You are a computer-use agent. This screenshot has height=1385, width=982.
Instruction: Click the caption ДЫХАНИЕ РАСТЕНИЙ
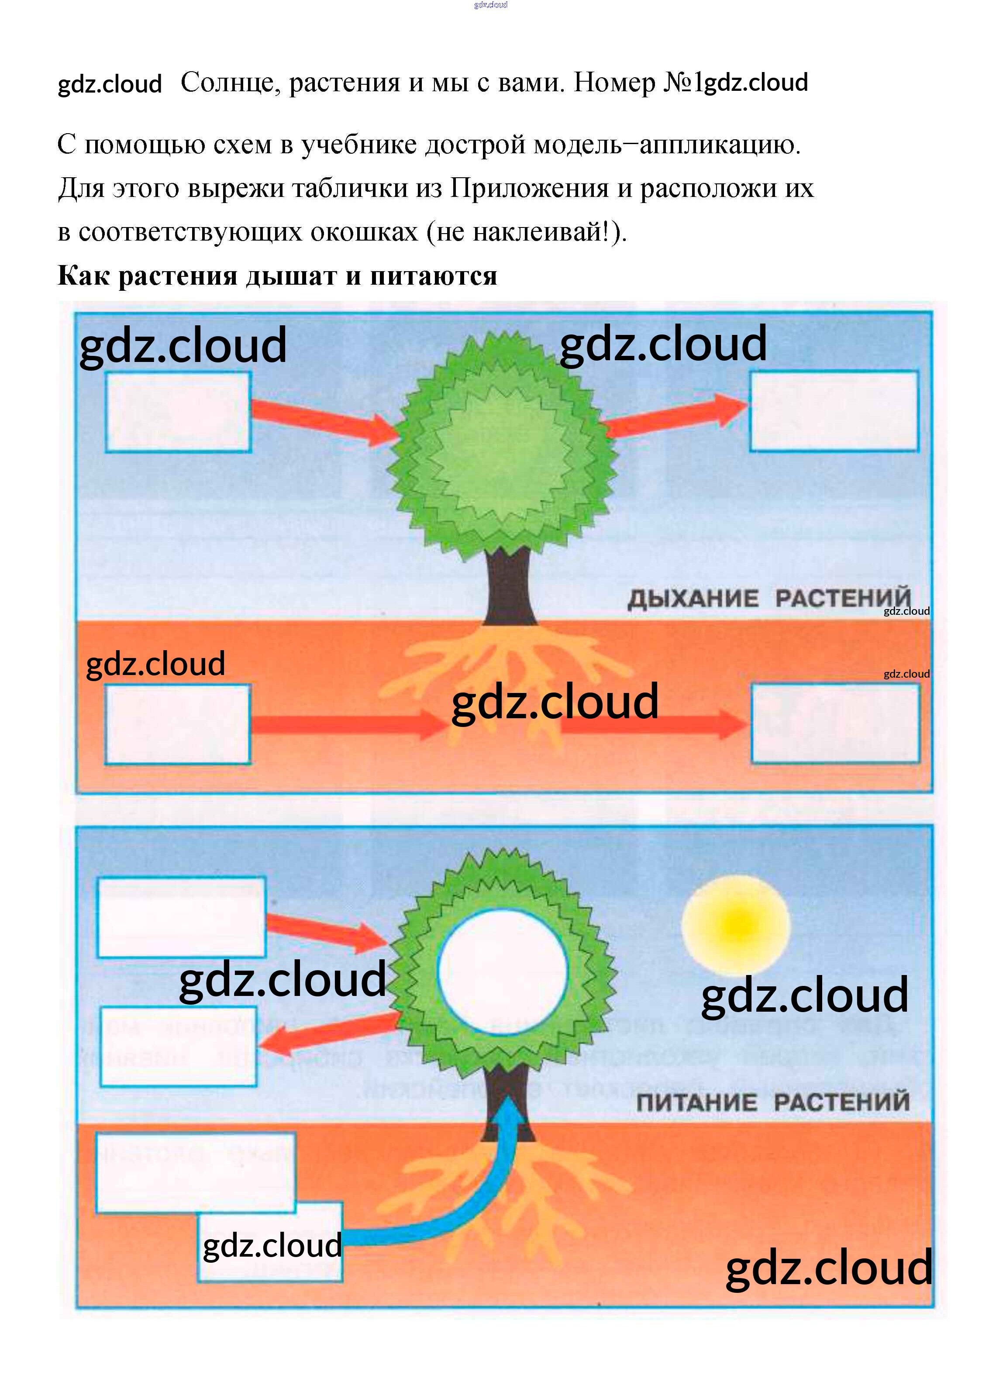(768, 599)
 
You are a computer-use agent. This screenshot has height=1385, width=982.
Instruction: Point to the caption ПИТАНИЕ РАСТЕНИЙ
(772, 1102)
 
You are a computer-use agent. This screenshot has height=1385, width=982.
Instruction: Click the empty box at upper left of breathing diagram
(178, 412)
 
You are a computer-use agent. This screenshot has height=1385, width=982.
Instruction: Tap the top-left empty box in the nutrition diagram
(181, 916)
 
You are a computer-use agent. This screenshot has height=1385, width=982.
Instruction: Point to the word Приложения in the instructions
(529, 188)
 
